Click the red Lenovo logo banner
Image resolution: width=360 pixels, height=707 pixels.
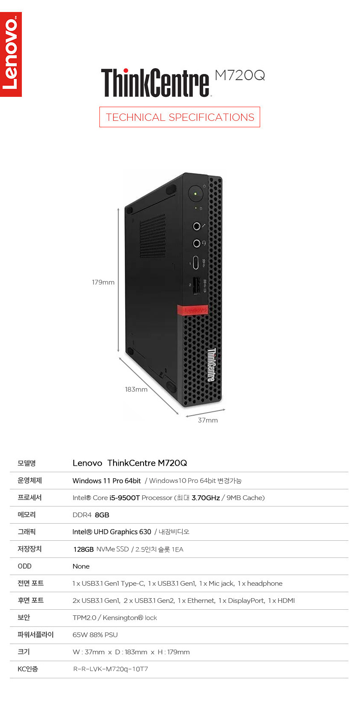[x=11, y=54]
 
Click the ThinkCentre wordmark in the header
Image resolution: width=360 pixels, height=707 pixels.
[x=155, y=82]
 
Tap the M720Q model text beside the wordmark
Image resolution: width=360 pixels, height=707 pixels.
[x=240, y=75]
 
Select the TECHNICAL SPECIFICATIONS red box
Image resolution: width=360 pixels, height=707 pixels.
[x=180, y=117]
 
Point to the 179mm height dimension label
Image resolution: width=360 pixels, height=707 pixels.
[x=103, y=282]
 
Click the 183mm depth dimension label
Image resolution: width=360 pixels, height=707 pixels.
[x=136, y=389]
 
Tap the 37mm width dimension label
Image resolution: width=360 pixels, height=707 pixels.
[x=208, y=420]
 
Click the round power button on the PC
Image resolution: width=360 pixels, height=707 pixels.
[x=195, y=194]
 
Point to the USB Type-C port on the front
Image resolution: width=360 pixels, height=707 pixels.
[x=196, y=263]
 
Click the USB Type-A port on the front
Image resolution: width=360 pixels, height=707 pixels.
[x=196, y=286]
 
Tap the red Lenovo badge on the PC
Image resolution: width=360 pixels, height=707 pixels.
[x=192, y=310]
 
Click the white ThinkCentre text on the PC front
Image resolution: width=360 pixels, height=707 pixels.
[x=211, y=365]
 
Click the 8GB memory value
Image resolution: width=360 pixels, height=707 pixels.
[x=102, y=515]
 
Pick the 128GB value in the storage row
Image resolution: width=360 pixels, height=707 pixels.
[x=84, y=549]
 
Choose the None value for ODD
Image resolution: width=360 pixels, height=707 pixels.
[x=81, y=566]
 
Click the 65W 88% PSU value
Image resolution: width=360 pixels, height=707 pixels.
[x=95, y=635]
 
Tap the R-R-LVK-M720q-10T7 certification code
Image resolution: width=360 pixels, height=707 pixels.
[x=111, y=669]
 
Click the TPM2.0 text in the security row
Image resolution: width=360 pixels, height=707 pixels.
[x=84, y=618]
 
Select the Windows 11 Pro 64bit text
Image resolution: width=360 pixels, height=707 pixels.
[x=107, y=481]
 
